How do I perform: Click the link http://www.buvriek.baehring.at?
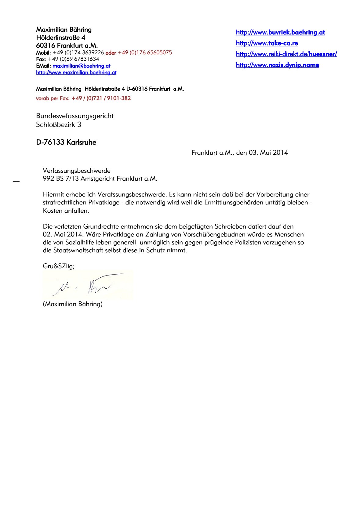280,32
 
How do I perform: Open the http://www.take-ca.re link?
267,43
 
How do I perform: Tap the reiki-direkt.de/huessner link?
286,54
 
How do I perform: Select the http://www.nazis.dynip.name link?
277,65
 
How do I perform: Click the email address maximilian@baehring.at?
81,66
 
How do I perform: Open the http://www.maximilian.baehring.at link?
76,73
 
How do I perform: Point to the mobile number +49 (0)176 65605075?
145,52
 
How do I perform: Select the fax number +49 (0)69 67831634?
73,59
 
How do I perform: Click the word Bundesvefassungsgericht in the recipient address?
75,116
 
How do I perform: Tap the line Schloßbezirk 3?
58,125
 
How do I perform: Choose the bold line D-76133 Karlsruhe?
66,143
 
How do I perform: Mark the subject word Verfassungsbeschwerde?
76,171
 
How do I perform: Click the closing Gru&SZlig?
58,266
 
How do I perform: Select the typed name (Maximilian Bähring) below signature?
72,304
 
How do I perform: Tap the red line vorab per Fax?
83,98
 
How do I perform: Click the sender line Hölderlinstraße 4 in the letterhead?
60,38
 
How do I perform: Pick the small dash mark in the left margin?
16,182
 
